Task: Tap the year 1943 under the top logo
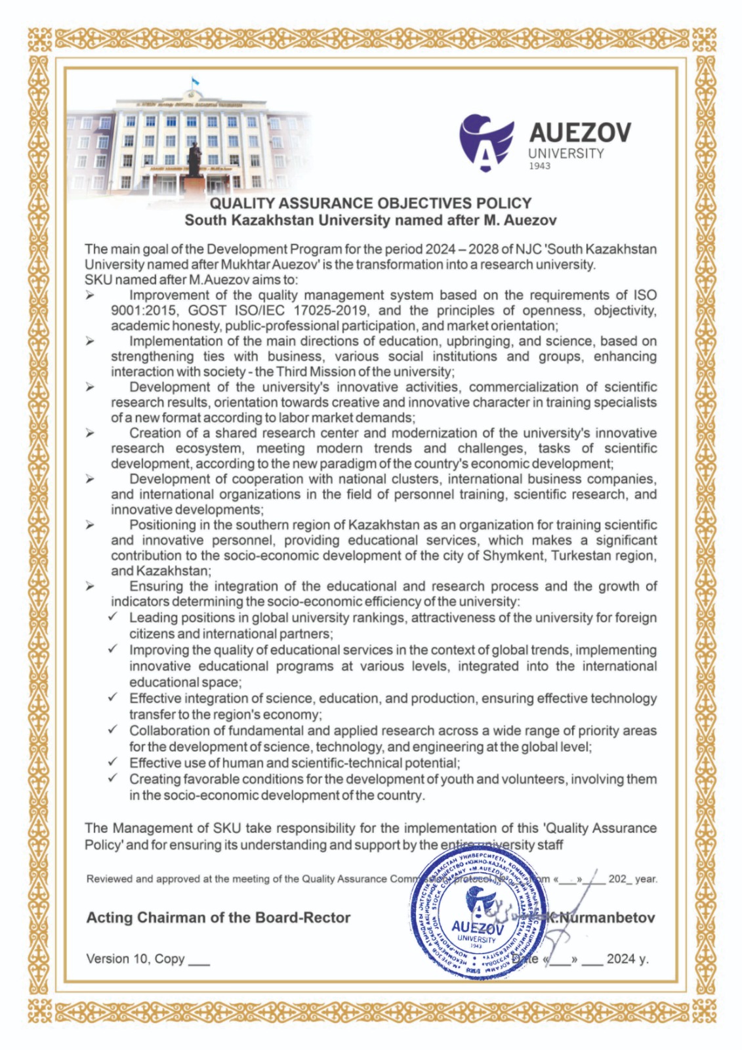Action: (x=539, y=166)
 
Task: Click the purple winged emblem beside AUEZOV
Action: (x=487, y=142)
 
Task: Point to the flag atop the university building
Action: (x=194, y=81)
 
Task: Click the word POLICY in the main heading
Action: (x=505, y=203)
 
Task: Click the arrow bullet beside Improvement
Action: (x=90, y=296)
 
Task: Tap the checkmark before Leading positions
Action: (x=113, y=618)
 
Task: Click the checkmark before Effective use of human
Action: (x=113, y=763)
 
